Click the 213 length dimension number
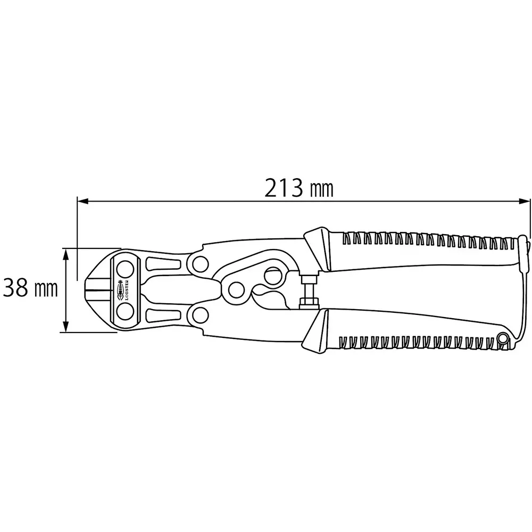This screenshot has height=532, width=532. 283,188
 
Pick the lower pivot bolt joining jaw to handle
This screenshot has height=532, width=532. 201,315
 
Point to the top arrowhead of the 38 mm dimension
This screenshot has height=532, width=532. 66,252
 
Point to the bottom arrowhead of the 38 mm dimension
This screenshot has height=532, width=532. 66,328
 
